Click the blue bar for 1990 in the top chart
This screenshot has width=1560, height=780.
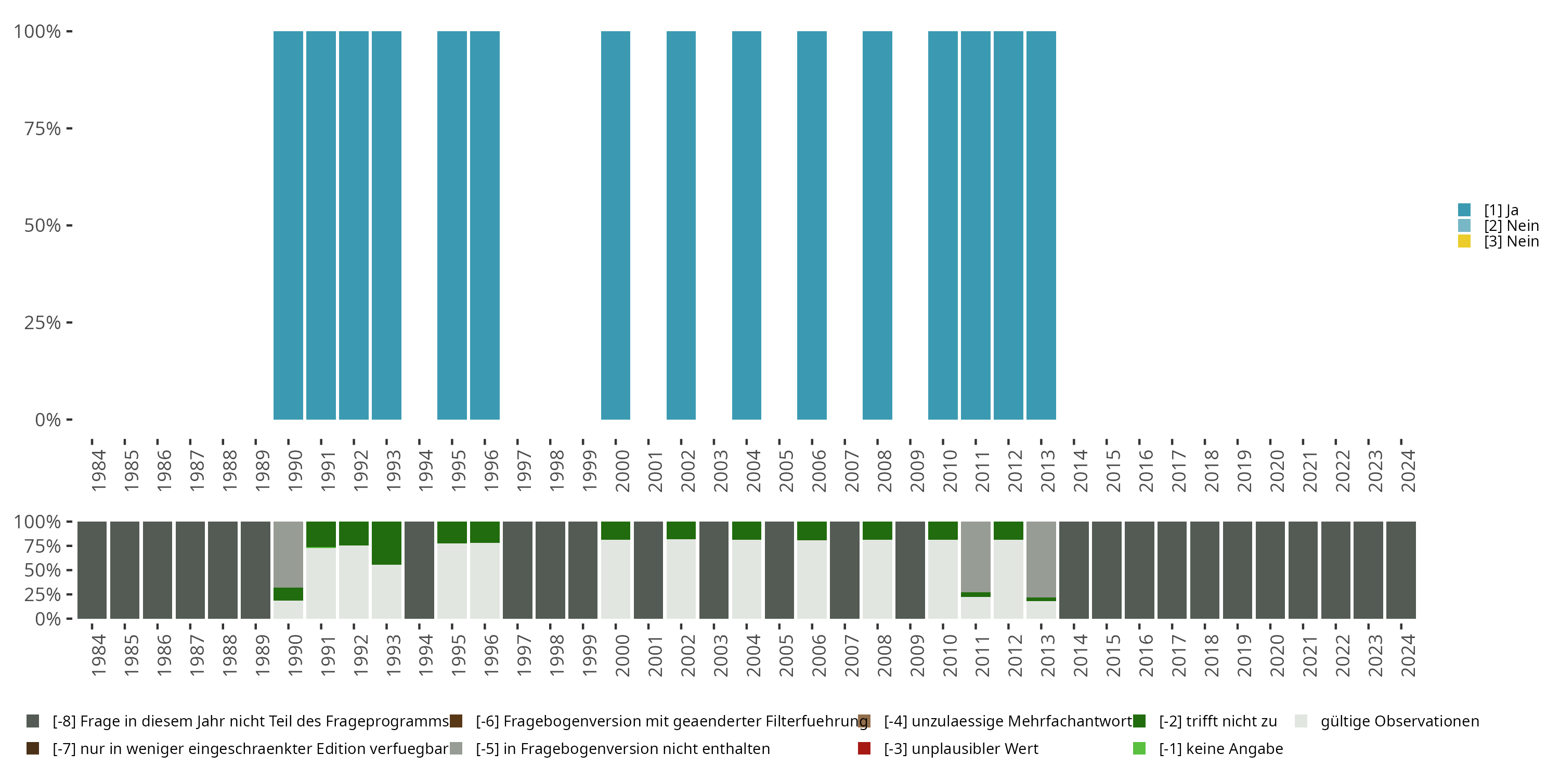288,225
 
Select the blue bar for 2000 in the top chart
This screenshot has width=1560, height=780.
615,225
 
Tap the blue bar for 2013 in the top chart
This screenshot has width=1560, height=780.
1041,225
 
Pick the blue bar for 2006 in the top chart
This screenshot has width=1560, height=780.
812,225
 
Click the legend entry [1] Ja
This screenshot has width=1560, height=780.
1500,210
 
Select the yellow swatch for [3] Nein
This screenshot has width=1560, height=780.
1464,242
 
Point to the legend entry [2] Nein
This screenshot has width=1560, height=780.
1511,226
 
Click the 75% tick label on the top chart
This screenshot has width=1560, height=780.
43,128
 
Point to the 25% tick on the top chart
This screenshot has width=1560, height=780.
43,322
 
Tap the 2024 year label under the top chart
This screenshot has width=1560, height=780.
1408,471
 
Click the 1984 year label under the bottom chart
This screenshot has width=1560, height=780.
98,655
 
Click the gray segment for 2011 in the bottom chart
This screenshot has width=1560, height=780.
976,556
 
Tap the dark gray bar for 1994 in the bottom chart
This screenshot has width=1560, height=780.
419,570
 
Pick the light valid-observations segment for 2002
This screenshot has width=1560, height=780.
681,578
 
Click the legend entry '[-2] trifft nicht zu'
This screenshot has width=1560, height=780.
1217,721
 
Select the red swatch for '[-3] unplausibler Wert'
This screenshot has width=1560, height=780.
864,748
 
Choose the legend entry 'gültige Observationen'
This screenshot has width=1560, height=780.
1399,721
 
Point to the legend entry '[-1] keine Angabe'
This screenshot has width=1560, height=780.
1220,748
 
